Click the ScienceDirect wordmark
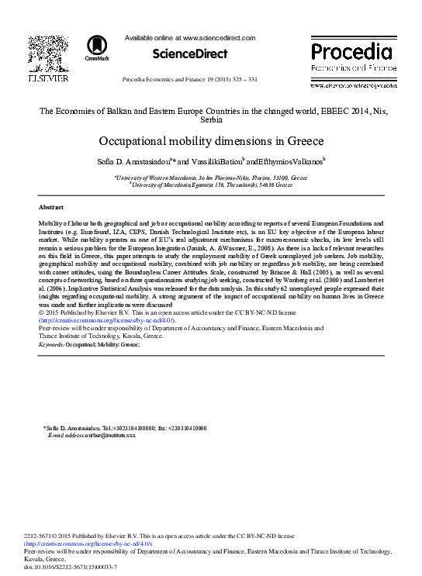pos(190,54)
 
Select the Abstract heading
pos(50,208)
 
